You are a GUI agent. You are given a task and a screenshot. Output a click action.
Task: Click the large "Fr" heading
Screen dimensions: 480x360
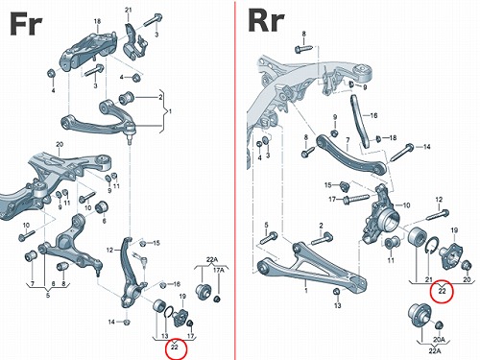[x=26, y=24]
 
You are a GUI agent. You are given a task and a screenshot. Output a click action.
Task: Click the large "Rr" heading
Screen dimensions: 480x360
[x=266, y=21]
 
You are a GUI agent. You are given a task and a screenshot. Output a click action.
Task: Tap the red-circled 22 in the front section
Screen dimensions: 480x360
[x=175, y=347]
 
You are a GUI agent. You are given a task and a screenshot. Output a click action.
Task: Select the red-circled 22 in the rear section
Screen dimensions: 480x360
[x=442, y=291]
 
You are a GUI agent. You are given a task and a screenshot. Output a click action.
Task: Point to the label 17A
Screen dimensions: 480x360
[x=219, y=271]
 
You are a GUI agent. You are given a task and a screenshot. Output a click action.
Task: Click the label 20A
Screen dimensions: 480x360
[x=439, y=339]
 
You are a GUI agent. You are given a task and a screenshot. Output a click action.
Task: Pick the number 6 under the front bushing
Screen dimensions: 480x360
[x=104, y=221]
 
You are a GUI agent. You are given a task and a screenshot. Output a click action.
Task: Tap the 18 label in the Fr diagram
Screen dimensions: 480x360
[x=97, y=21]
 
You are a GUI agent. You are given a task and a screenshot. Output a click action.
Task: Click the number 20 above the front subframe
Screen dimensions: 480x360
[x=60, y=145]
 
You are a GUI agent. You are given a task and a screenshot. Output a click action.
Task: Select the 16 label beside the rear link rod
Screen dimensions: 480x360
[x=373, y=115]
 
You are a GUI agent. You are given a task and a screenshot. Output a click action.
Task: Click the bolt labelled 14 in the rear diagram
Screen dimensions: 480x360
[x=401, y=153]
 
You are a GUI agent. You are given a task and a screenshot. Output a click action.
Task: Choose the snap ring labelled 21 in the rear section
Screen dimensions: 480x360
[x=432, y=246]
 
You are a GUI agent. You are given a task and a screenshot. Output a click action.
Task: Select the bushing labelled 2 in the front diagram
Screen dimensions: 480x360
[x=126, y=97]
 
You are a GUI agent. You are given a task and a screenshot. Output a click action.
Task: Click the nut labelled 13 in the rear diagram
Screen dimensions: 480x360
[x=336, y=292]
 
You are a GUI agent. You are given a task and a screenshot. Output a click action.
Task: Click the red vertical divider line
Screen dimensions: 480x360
[x=235, y=180]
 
